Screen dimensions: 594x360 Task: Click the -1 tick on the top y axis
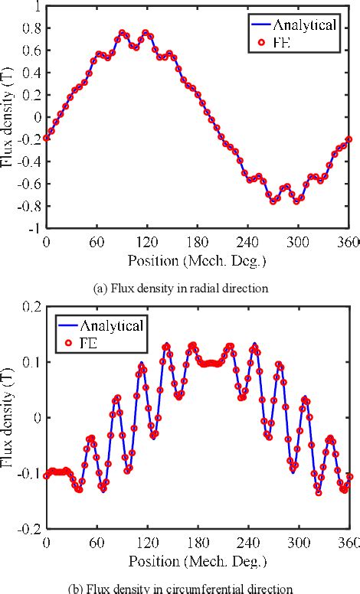pos(32,228)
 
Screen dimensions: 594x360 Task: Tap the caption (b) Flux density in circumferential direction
pos(180,588)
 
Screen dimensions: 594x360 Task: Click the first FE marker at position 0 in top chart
pos(46,138)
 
